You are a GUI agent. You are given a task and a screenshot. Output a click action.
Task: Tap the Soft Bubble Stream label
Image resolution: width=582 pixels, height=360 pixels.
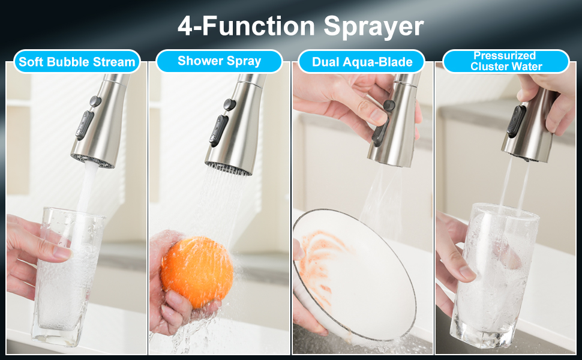77,62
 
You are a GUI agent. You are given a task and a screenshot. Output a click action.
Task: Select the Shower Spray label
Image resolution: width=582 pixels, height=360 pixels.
220,61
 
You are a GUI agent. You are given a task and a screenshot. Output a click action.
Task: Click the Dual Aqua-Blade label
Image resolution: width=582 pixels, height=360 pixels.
362,62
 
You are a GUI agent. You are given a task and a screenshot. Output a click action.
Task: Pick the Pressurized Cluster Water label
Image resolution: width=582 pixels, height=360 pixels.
506,61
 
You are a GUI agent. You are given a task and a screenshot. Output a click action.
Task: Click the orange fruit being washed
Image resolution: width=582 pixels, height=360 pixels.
197,272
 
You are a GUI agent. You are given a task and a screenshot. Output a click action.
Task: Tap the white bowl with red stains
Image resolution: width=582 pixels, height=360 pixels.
355,275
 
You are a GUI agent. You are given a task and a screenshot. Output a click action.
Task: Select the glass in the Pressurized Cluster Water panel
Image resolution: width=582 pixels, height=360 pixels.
494,275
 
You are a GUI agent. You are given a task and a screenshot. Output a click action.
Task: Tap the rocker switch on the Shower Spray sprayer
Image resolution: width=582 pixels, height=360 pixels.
218,130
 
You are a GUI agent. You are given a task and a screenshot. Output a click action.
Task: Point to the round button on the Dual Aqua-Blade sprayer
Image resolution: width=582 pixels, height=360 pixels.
389,106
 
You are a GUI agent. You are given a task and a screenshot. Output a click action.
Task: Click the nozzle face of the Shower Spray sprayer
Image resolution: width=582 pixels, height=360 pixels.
228,168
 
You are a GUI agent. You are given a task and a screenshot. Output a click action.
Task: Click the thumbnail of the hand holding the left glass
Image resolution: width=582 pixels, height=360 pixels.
62,253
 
